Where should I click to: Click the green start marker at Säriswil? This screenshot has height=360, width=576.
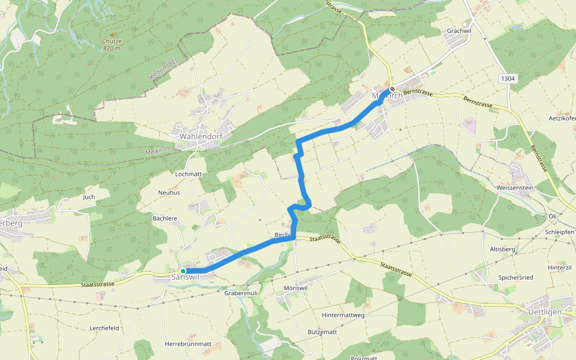pos(183,271)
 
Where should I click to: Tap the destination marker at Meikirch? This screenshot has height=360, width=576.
pos(392,89)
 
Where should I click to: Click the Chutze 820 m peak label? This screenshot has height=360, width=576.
pos(112,44)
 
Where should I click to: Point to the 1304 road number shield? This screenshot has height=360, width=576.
pos(508,79)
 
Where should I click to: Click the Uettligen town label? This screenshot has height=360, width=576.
pos(544,313)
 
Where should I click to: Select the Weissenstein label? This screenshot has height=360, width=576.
pos(515,187)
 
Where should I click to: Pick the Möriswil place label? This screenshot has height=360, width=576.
pos(296,289)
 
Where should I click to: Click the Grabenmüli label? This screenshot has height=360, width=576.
pos(241,293)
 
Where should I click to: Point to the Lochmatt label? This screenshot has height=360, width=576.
pos(188,174)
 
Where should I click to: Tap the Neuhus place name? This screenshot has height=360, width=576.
pos(169,193)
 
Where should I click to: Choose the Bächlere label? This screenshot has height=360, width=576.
pos(165,218)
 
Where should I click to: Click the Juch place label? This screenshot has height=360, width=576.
pos(89,197)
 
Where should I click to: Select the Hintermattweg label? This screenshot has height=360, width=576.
pos(343,314)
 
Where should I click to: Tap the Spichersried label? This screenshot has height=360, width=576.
pos(516,278)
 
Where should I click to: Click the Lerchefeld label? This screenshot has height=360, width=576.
pos(104,328)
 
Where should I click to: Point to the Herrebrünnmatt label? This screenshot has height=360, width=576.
pos(188,344)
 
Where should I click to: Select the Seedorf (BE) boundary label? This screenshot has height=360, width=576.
pos(162,70)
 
